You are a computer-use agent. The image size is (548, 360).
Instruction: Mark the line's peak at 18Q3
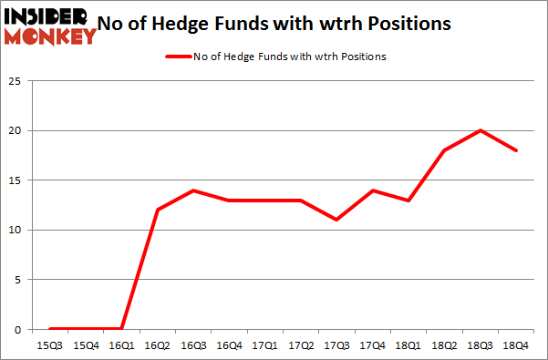tap(481, 130)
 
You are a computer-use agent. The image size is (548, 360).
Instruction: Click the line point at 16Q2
tap(158, 210)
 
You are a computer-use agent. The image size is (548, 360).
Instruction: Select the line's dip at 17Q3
tap(337, 220)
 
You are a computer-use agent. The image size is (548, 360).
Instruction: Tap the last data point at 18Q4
tap(517, 150)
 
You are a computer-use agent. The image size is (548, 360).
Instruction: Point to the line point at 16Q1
tap(122, 328)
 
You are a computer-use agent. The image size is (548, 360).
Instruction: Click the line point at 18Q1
tap(409, 201)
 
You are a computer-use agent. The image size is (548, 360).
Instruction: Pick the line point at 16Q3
tap(194, 190)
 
